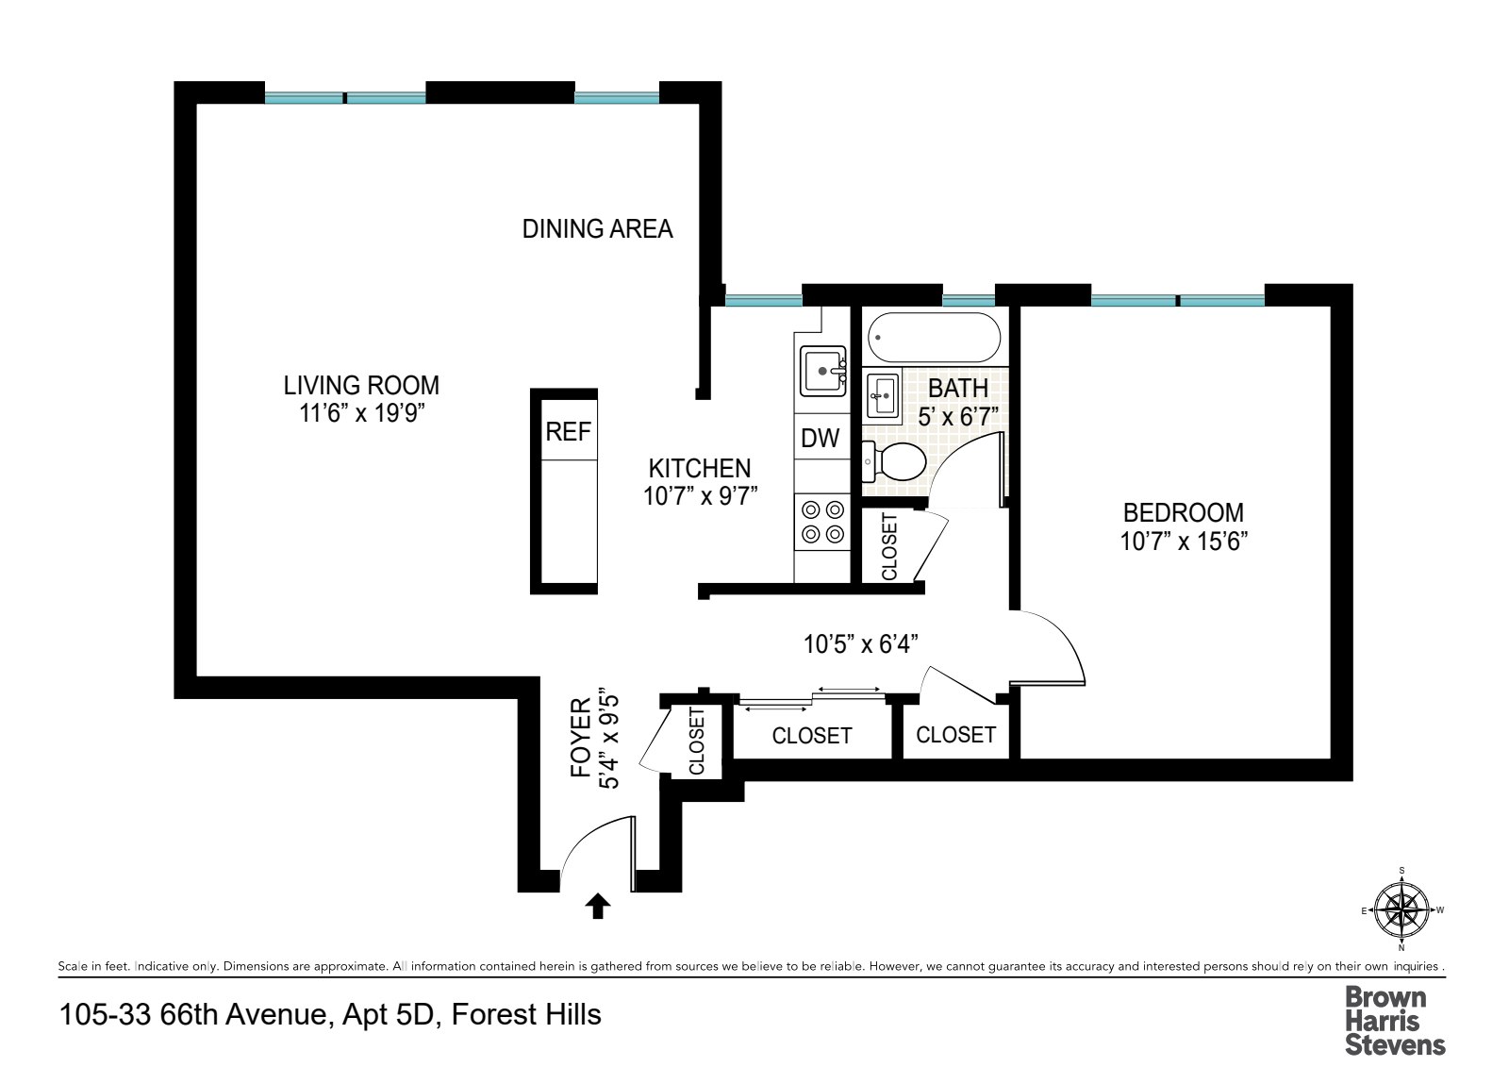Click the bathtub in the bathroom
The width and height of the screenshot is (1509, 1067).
click(933, 338)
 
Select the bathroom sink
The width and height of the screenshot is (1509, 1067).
click(883, 395)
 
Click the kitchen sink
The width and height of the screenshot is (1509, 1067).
click(822, 371)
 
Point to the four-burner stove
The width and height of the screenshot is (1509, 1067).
click(822, 523)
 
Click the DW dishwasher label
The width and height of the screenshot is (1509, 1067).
click(820, 438)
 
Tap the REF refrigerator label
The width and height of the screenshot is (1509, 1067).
click(568, 432)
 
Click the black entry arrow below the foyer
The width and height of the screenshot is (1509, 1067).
click(598, 906)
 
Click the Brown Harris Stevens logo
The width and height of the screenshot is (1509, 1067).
click(1394, 1020)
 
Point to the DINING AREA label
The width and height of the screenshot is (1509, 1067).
click(597, 229)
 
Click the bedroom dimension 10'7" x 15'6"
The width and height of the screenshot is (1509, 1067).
click(1184, 542)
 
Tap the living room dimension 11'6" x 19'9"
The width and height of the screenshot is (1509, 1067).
click(361, 413)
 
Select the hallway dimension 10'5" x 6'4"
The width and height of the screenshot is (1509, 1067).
click(860, 644)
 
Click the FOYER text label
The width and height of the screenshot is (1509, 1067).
click(581, 738)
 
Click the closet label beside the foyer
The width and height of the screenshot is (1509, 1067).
click(697, 742)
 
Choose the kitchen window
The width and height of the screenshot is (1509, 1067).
click(763, 301)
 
